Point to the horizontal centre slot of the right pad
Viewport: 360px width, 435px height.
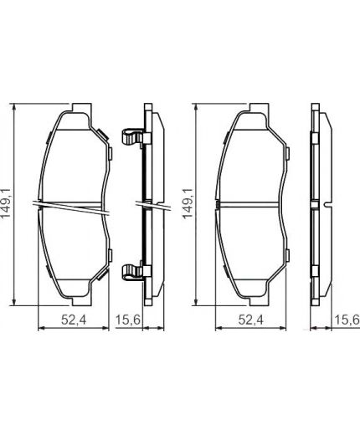tap(251, 205)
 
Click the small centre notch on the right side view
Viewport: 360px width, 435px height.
tap(325, 205)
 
